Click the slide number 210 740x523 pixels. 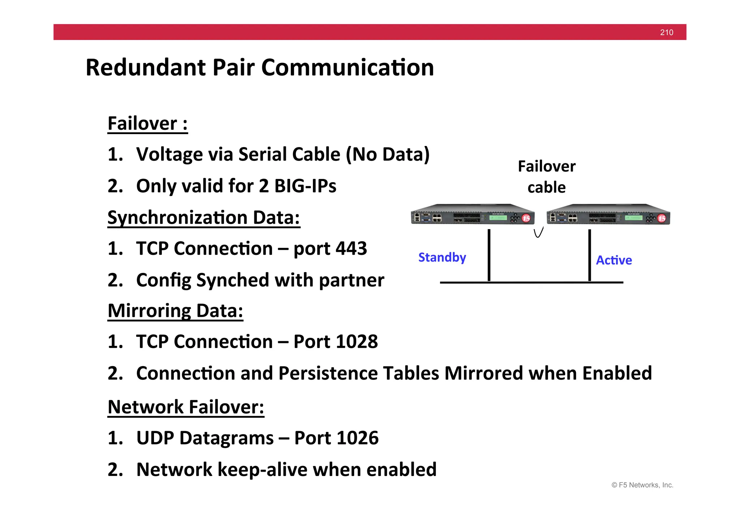coord(666,33)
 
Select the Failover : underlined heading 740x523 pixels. coord(147,124)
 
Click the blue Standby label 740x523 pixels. coord(442,257)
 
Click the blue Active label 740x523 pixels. coord(614,260)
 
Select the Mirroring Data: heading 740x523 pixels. coord(175,311)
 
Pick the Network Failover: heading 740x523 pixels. coord(186,407)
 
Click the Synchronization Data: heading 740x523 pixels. coord(203,218)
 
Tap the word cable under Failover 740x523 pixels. coord(546,188)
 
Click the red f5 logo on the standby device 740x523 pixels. coord(526,218)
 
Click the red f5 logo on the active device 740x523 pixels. coord(662,218)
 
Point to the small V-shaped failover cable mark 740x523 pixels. coord(538,233)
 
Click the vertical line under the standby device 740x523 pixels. coord(489,255)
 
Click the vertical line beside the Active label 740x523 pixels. coord(589,255)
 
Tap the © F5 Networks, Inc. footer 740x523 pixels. coord(642,485)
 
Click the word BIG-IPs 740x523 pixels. coord(305,186)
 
